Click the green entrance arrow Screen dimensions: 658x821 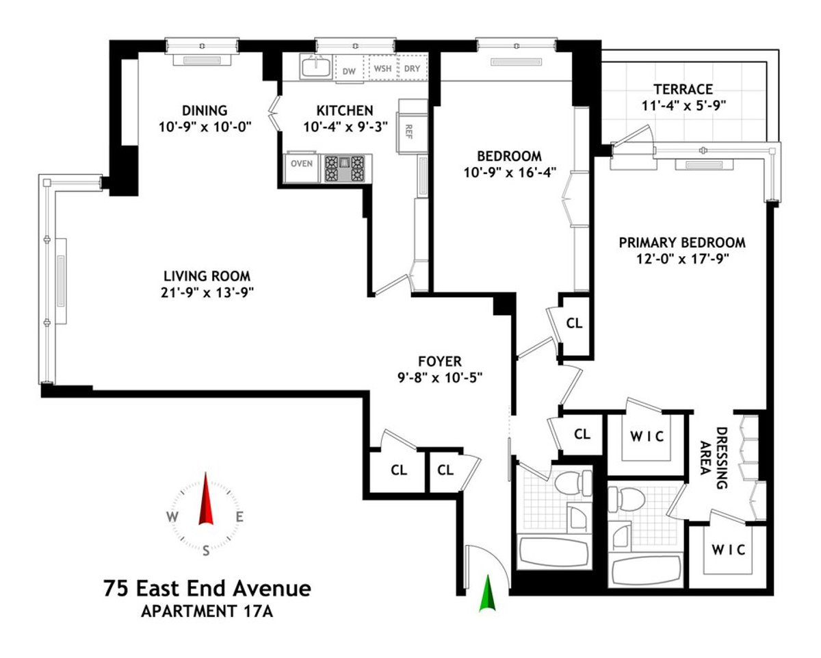[488, 593]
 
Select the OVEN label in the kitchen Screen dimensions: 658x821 [302, 164]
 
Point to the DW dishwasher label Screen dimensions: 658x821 [349, 71]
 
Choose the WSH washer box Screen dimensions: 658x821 [382, 69]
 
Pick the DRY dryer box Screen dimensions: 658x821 [412, 69]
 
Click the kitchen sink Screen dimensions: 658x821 [316, 67]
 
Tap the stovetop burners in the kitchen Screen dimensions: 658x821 [345, 168]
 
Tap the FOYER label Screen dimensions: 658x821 [440, 361]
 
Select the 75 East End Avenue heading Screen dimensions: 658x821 [207, 588]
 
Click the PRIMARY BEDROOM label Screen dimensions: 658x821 [682, 242]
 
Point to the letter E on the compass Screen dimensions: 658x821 [239, 517]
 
